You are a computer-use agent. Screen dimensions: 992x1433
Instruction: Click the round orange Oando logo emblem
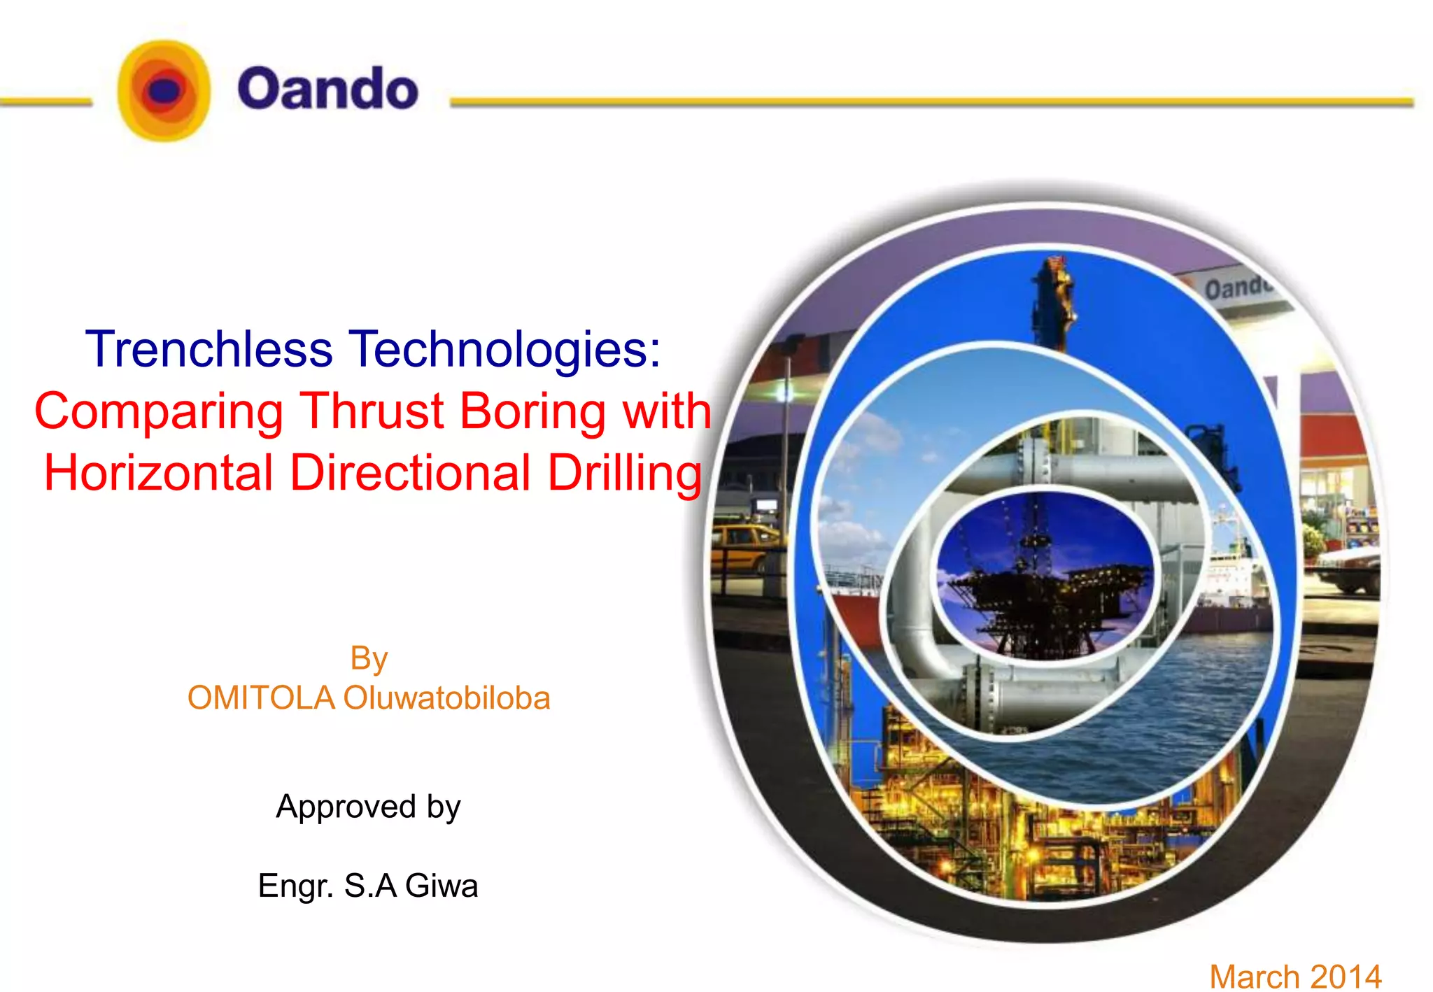(164, 90)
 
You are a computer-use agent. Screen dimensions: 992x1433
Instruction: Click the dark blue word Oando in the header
(327, 89)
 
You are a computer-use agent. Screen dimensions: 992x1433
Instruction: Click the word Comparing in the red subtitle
(159, 411)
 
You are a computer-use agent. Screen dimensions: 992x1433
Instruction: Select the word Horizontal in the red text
(158, 473)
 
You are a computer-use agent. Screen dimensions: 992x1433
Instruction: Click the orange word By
(369, 659)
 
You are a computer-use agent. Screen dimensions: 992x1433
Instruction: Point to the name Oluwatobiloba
(446, 698)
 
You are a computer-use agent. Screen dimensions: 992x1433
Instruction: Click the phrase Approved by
(368, 807)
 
